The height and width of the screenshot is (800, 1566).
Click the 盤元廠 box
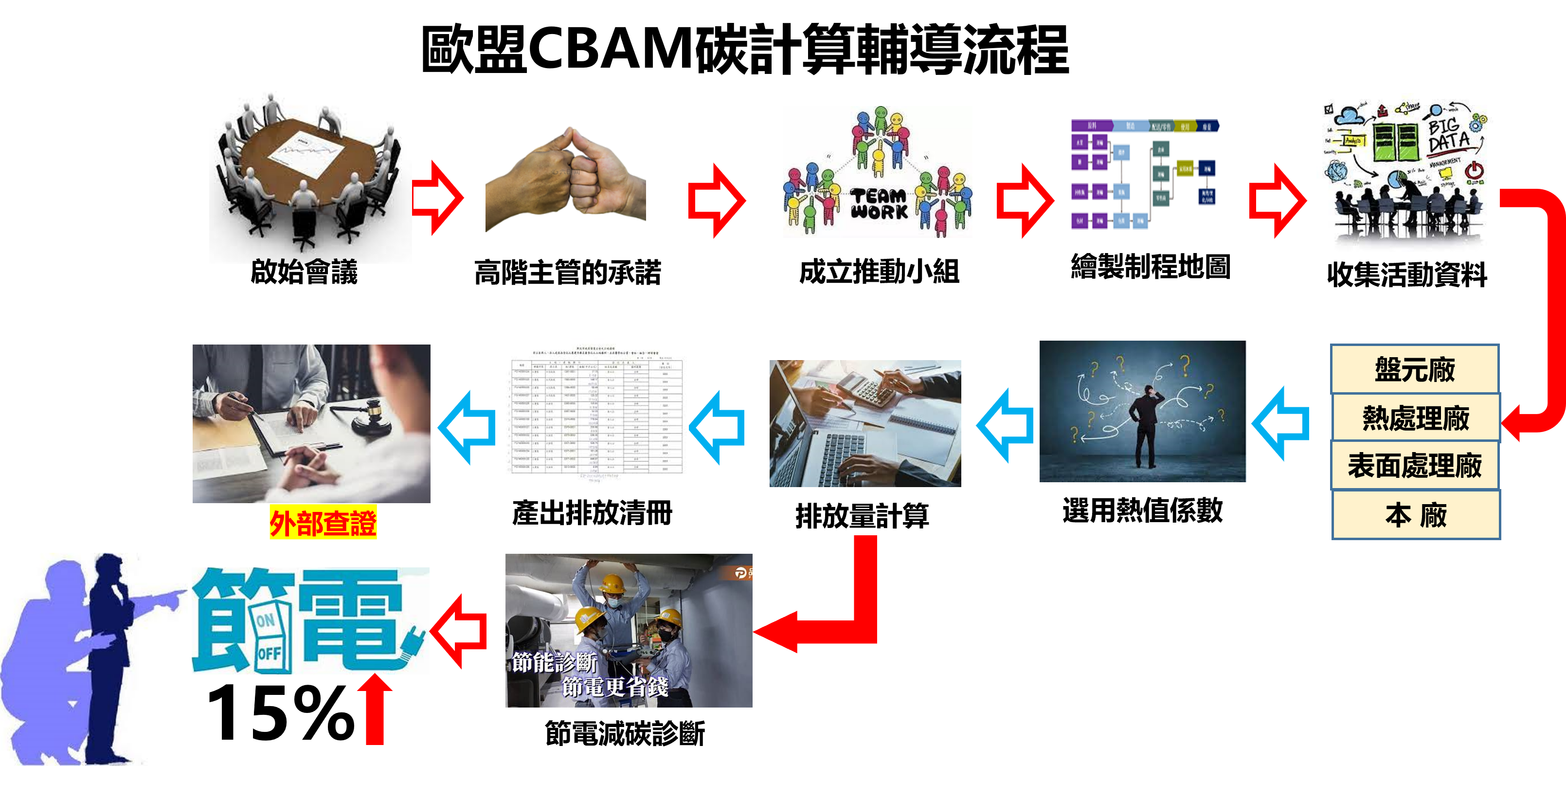click(1415, 370)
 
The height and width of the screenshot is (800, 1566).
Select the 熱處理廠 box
click(1415, 418)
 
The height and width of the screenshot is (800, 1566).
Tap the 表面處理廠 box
click(1415, 466)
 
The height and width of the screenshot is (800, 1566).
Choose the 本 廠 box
click(1416, 515)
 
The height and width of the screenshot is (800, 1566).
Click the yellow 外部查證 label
click(323, 522)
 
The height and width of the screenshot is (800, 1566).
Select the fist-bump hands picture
click(565, 180)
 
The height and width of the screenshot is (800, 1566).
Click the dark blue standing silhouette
click(109, 656)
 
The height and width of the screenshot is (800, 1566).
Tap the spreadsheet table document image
click(597, 411)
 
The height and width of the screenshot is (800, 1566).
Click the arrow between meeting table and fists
click(438, 198)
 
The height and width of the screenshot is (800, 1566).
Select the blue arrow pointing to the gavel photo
click(467, 427)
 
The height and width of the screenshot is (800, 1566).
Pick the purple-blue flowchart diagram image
click(1145, 175)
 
